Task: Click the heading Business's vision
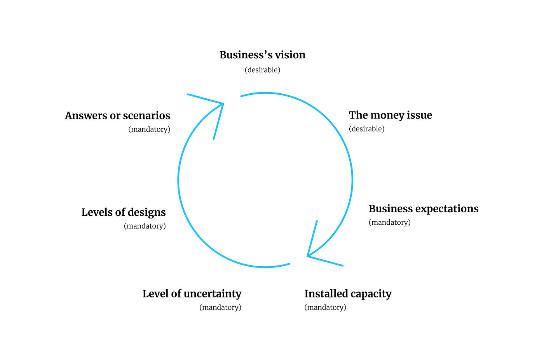[262, 55]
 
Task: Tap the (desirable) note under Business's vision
[262, 70]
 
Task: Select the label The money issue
[390, 115]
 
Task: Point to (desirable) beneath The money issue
[366, 129]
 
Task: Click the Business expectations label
[423, 209]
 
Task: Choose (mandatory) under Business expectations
[389, 222]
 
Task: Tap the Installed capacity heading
[348, 294]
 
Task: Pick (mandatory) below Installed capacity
[325, 308]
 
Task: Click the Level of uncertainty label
[192, 294]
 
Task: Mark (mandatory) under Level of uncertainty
[220, 308]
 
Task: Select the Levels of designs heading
[124, 212]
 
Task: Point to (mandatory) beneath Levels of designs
[145, 226]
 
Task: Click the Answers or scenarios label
[117, 115]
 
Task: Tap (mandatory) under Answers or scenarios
[149, 129]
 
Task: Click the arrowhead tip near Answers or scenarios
[223, 104]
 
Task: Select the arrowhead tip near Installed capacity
[308, 256]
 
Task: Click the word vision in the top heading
[290, 55]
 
